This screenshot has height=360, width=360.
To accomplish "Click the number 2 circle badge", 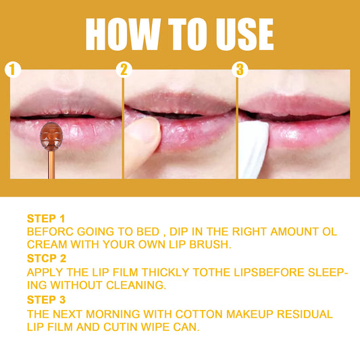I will (124, 70).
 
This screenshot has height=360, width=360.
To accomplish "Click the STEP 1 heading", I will (46, 219).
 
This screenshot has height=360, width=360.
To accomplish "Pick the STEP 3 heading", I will (46, 299).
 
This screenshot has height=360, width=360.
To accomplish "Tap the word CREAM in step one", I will (47, 245).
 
